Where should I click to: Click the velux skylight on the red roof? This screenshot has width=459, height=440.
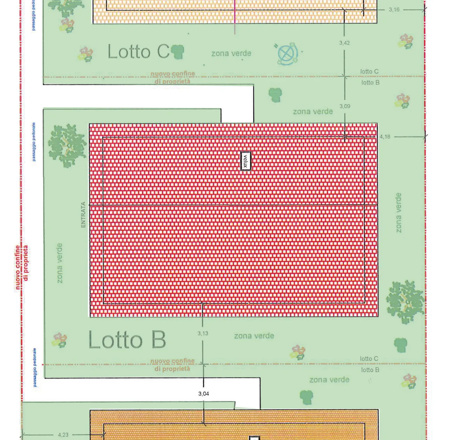tap(245, 161)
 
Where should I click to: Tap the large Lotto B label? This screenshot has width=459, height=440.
tap(127, 340)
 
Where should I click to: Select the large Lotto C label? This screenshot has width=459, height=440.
tap(138, 52)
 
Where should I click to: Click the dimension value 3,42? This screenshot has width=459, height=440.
tap(344, 43)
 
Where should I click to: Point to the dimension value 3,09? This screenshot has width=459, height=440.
tap(345, 106)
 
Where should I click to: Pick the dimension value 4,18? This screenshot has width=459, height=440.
tap(385, 137)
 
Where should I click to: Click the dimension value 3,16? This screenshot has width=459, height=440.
tap(394, 10)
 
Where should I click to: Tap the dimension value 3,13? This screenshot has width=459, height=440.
tap(203, 334)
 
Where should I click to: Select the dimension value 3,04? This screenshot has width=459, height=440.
tap(203, 394)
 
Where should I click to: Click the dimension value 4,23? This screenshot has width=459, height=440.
tap(63, 435)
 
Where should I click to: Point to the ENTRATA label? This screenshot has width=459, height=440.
tap(83, 215)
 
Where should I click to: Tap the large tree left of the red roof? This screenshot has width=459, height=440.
tap(67, 146)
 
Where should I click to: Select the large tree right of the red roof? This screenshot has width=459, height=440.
tap(405, 301)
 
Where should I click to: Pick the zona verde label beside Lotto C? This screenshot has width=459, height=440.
tap(231, 54)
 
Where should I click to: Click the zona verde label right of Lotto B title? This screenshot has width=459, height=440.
tap(254, 336)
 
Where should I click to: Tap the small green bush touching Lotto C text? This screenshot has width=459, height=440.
tap(178, 52)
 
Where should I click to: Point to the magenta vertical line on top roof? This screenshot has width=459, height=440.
tap(235, 16)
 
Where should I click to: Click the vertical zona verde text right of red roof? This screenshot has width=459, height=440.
tap(398, 213)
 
